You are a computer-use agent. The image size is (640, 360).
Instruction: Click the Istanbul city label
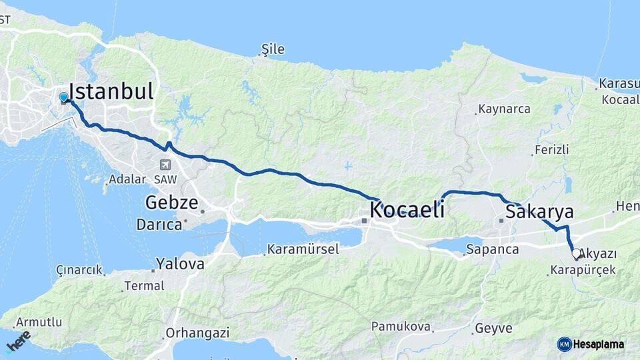(x=111, y=91)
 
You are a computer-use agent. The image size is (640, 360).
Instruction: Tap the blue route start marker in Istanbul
(x=63, y=97)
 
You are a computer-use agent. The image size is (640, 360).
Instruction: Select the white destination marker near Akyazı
(x=576, y=254)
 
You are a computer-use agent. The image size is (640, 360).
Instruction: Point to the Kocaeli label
(x=407, y=210)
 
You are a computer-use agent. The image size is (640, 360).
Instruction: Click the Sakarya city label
(x=539, y=212)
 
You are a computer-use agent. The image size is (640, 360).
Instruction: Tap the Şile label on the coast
(x=273, y=49)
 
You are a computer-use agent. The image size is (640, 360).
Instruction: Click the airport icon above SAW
(x=165, y=165)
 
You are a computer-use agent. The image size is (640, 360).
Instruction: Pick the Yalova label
(x=180, y=264)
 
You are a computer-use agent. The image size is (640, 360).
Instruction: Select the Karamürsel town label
(x=303, y=250)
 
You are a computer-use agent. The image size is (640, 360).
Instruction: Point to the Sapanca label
(x=493, y=250)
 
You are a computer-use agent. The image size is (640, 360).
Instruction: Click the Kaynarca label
(x=504, y=109)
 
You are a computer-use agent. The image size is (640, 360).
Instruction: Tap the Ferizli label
(x=551, y=150)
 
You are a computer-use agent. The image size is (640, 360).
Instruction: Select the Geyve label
(x=493, y=329)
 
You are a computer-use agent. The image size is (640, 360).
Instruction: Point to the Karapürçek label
(x=583, y=271)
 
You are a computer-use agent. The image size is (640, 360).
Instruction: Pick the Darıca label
(x=159, y=225)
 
